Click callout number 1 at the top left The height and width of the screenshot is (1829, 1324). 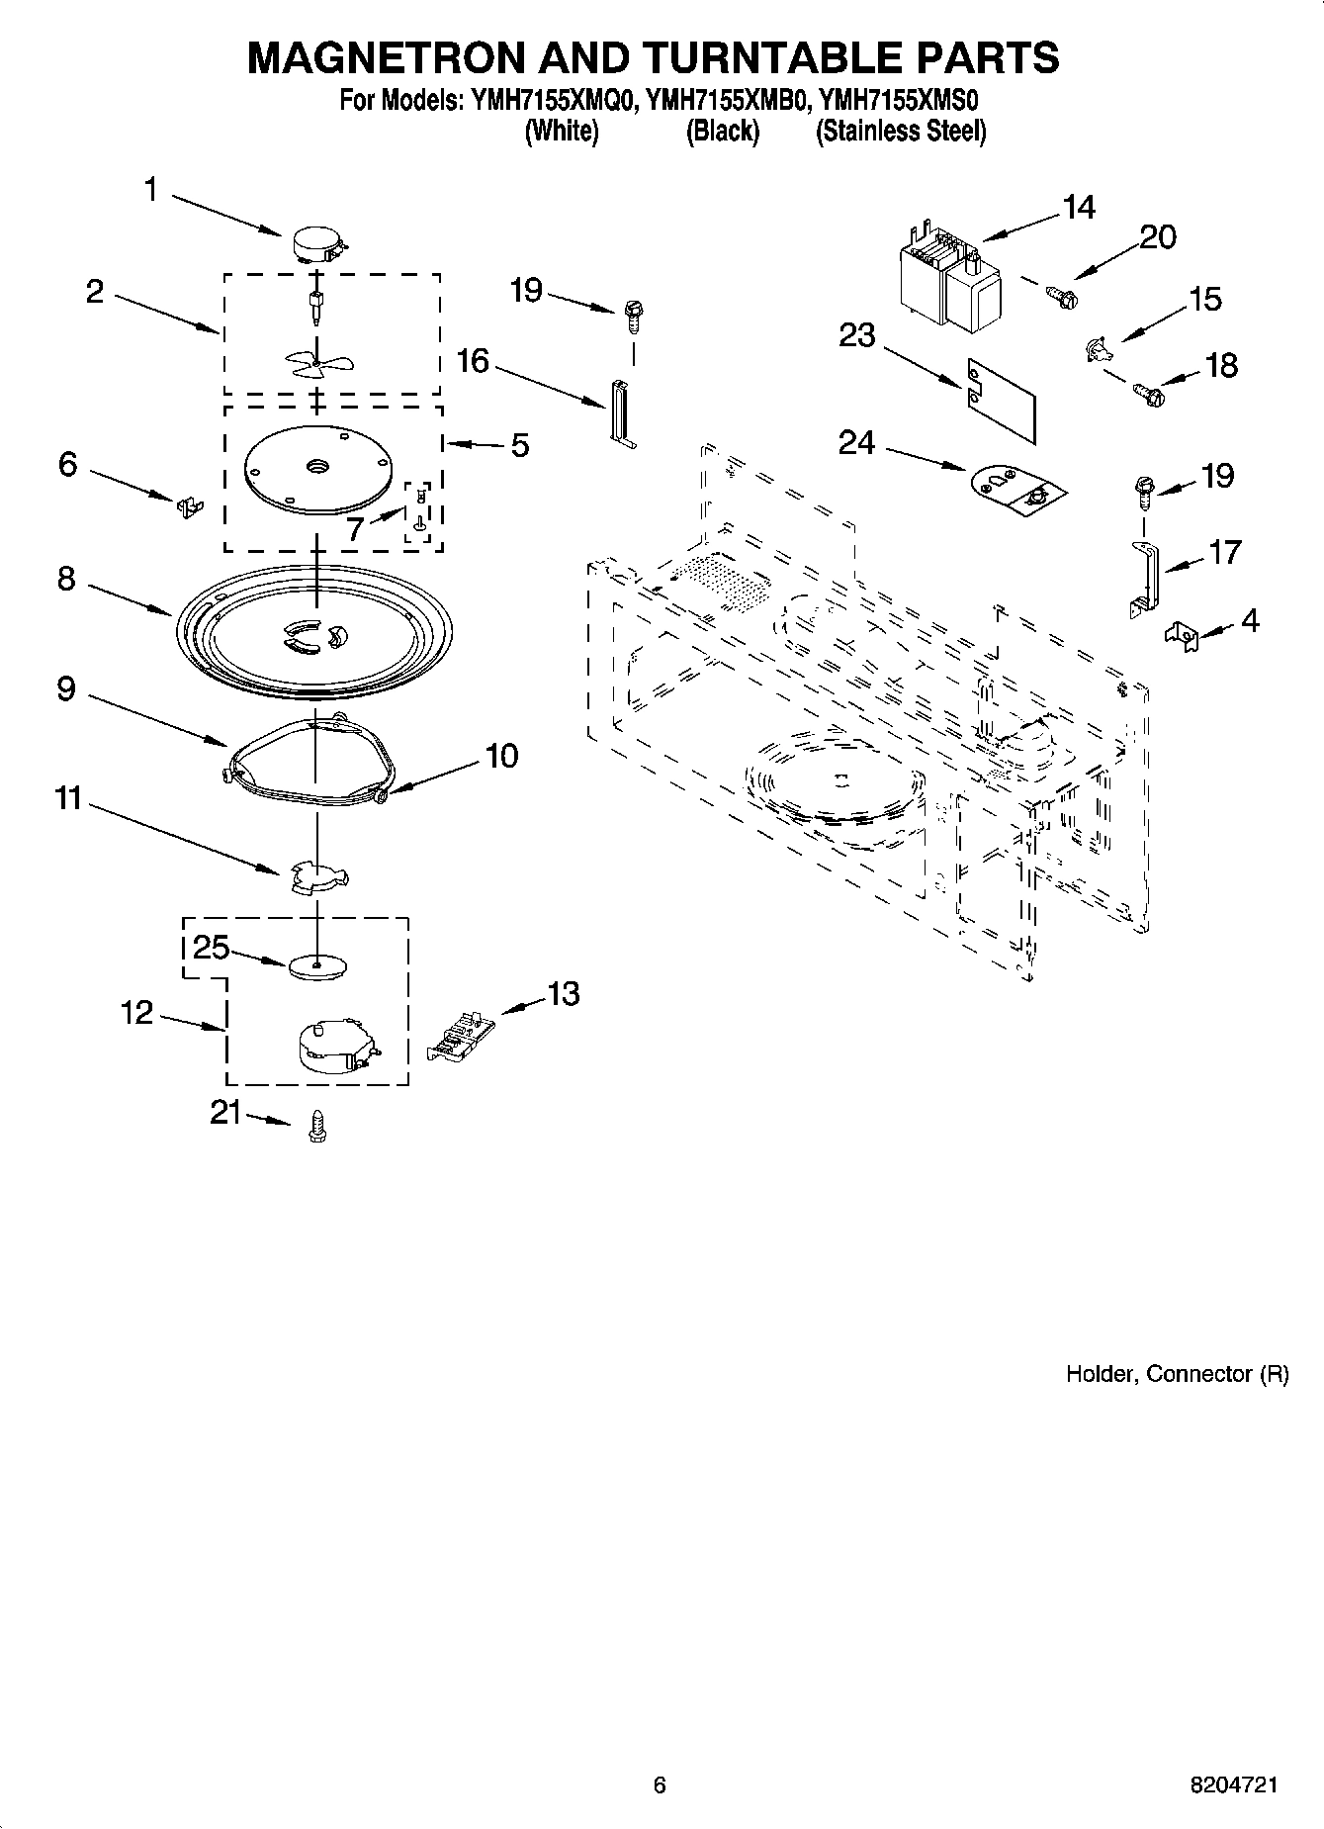151,190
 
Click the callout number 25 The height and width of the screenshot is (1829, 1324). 211,949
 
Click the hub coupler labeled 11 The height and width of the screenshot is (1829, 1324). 319,876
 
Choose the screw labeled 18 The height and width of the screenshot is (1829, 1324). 1149,396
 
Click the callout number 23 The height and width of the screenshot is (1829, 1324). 856,336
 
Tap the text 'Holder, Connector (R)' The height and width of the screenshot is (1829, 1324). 1177,1374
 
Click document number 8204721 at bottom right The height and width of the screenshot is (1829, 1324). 1233,1785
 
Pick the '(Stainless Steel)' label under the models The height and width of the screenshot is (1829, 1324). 900,131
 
